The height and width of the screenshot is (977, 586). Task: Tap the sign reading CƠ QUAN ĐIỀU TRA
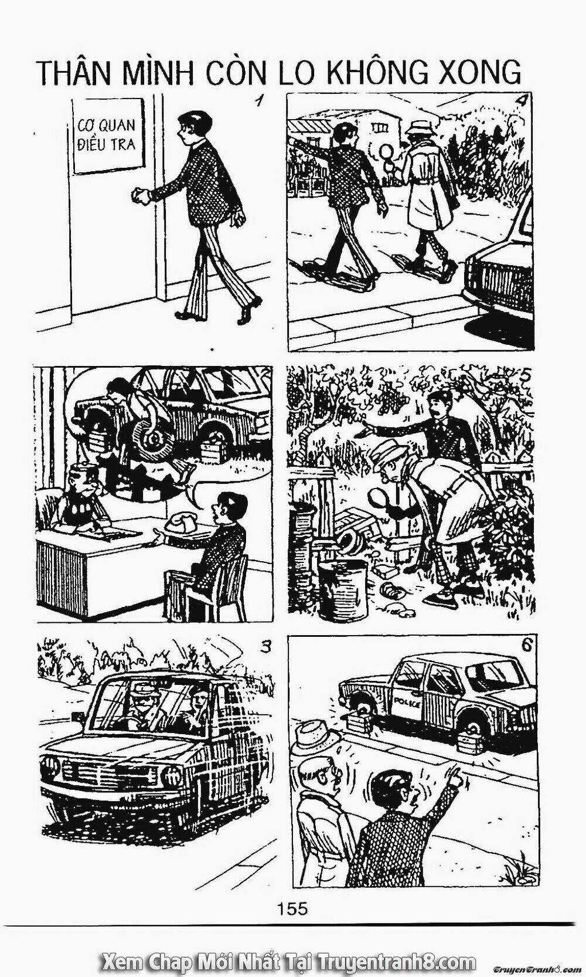pyautogui.click(x=107, y=135)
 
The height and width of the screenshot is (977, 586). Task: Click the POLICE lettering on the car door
pyautogui.click(x=407, y=704)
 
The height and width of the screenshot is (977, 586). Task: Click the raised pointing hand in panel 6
pyautogui.click(x=457, y=777)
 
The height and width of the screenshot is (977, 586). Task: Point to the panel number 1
pyautogui.click(x=260, y=103)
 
